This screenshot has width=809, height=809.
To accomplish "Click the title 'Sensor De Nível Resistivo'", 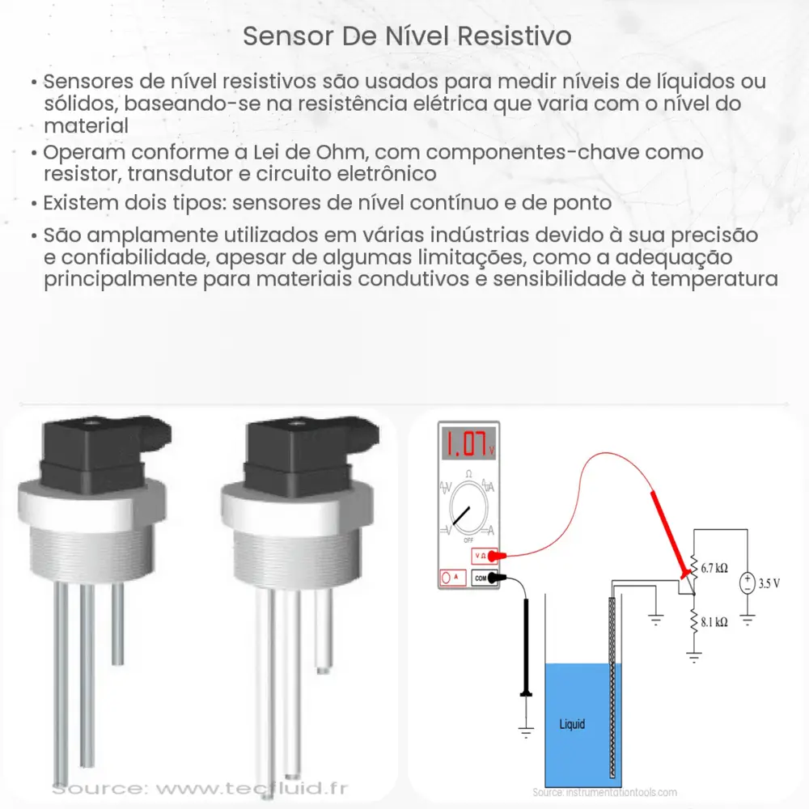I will coord(404,36).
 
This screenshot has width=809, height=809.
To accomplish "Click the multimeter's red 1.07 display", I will coord(467,445).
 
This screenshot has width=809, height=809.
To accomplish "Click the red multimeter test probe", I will coord(670,534).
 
